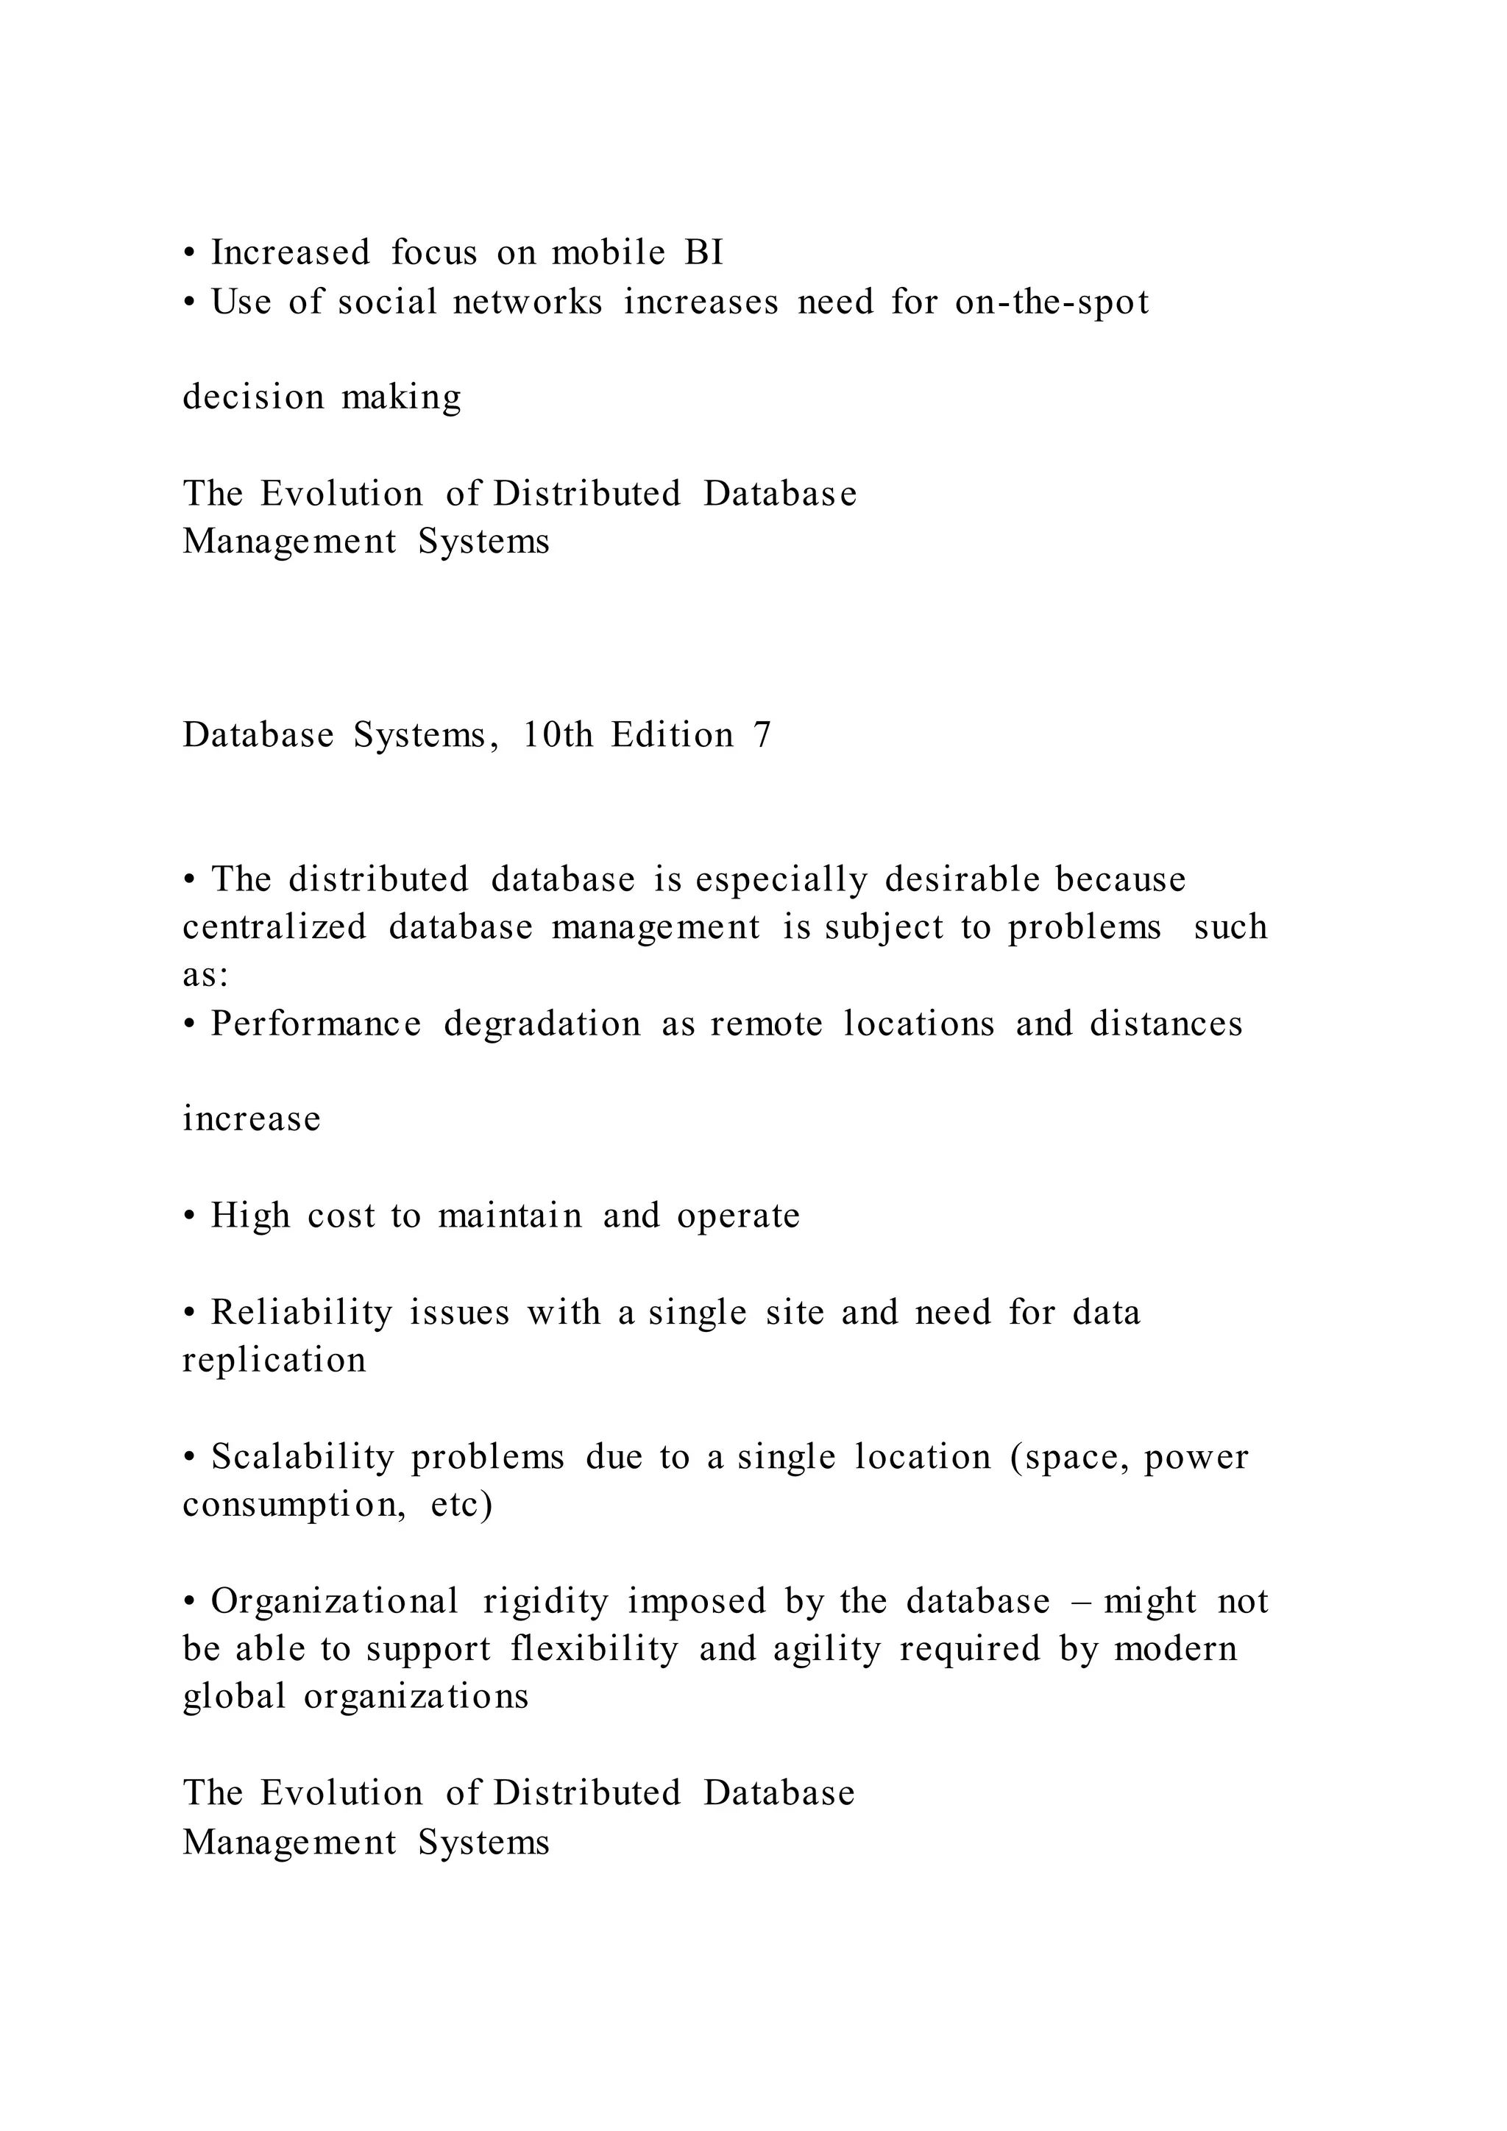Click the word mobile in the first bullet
pos(608,252)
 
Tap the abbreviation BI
pos(703,252)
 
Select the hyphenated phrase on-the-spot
pos(1052,302)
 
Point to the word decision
pos(253,397)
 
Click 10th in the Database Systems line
pos(557,735)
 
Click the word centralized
pos(274,927)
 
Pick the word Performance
pos(316,1024)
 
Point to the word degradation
pos(542,1024)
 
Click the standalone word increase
pos(252,1119)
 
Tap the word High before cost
pos(250,1216)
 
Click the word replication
pos(274,1361)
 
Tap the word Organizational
pos(334,1602)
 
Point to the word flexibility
pos(594,1649)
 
